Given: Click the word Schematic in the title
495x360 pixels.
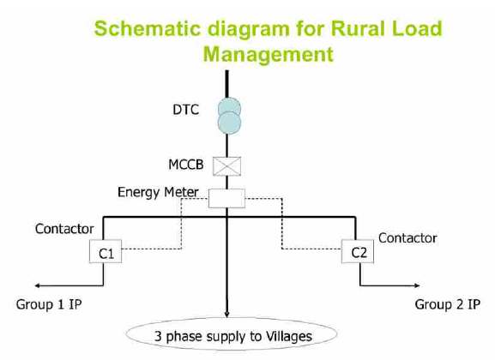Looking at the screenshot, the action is click(148, 28).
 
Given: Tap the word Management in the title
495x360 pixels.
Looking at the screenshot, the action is click(269, 54).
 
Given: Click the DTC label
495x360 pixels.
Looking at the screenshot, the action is click(186, 110).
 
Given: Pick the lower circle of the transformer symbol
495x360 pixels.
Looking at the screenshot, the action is click(230, 123).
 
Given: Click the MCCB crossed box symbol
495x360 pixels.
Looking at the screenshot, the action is click(226, 166).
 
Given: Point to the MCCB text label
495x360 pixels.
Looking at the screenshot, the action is click(186, 165).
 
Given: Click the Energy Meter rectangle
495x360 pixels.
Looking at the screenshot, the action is click(226, 199).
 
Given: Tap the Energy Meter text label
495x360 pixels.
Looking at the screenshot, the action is click(158, 192).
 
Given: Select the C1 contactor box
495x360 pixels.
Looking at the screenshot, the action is click(106, 251).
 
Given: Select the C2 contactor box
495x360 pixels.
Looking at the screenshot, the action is click(358, 251).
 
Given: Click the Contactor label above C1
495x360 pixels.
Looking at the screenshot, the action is click(64, 229).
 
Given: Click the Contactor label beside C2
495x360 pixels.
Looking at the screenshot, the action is click(407, 238).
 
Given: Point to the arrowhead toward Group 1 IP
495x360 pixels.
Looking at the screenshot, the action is click(37, 285).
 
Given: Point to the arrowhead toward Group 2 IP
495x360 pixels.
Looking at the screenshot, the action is click(417, 285).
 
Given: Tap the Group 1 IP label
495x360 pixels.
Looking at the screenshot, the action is click(49, 304).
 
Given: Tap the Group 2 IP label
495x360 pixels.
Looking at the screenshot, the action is click(447, 304).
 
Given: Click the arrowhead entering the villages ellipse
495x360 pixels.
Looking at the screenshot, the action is click(226, 315).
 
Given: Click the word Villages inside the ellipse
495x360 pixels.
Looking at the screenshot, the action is click(289, 336).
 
